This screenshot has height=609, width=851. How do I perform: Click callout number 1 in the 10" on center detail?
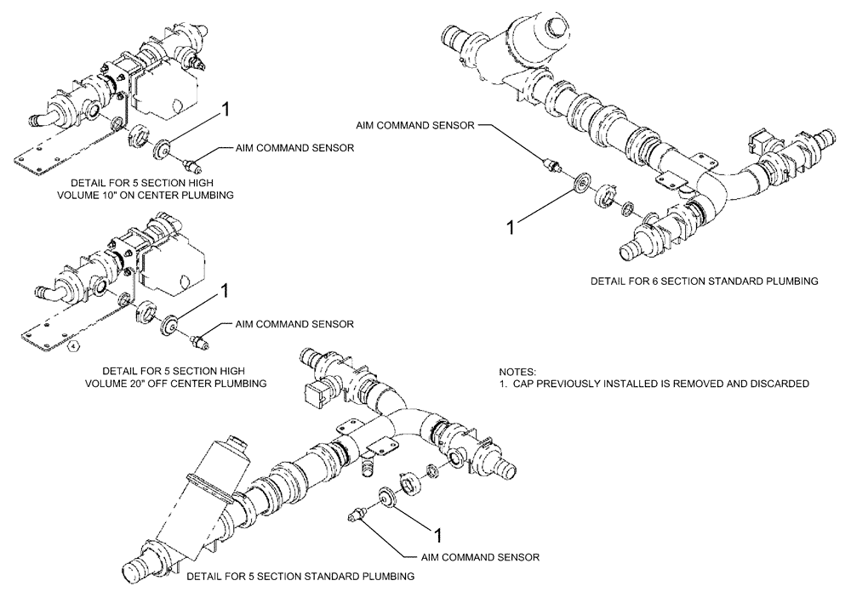coord(226,108)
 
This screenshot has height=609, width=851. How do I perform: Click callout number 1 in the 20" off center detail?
coord(226,292)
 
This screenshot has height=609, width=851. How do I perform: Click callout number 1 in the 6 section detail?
coord(511,227)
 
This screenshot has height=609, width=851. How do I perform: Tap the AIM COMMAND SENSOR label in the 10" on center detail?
coord(294,148)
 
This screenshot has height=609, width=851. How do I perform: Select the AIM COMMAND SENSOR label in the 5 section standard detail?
coord(481,558)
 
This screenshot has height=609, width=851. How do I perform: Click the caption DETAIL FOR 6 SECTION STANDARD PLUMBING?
coord(705,280)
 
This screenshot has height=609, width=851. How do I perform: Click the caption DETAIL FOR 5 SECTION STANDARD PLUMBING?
coord(300,577)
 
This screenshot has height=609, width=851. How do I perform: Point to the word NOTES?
coord(518,372)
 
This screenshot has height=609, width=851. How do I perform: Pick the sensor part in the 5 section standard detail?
coord(356,513)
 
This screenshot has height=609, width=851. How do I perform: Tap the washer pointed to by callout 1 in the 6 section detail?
coord(583,183)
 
